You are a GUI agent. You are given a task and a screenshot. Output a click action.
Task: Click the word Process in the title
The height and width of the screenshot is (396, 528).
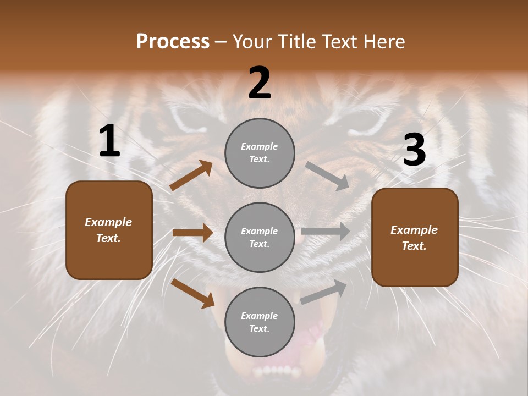coord(173,42)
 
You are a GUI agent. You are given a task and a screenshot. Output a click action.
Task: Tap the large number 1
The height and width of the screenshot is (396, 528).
coord(109,141)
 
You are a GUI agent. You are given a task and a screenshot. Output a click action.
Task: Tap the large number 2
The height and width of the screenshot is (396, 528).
coord(260,83)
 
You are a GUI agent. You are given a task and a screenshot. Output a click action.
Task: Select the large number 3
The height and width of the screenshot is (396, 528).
coord(414,150)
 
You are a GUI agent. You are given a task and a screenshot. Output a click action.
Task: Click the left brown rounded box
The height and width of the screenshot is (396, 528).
coord(109,230)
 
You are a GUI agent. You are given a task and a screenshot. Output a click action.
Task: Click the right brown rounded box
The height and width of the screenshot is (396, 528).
coord(415,237)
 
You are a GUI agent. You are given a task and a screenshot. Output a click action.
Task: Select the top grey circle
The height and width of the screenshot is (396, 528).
coord(260,153)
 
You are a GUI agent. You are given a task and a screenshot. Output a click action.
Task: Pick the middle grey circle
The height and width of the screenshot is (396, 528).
coord(260,237)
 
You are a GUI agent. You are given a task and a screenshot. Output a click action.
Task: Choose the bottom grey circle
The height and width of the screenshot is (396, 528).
coord(260,322)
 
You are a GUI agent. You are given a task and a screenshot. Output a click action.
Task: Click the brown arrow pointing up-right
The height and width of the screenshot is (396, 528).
coord(191,175)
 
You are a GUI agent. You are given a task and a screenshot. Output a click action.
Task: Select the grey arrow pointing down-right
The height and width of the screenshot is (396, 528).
coord(327,176)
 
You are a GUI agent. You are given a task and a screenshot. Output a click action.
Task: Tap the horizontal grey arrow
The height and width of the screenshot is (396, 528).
coord(326,232)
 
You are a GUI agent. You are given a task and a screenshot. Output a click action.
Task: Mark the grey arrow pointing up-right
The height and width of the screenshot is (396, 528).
coord(324,291)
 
